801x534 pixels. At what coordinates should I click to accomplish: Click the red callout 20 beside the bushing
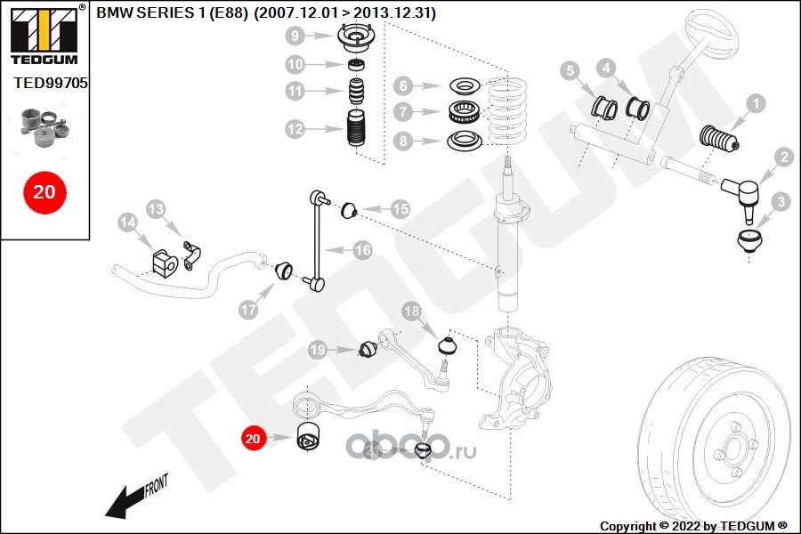tap(254, 438)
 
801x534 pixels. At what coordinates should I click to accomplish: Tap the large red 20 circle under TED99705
tap(44, 191)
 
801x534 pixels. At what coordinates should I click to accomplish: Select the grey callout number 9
tap(295, 36)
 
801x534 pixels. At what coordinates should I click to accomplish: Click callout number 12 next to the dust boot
tap(295, 129)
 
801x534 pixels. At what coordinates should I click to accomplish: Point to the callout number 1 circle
tap(755, 104)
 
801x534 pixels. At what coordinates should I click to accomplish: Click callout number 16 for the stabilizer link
tap(362, 251)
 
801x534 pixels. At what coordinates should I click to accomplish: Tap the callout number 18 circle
tap(411, 311)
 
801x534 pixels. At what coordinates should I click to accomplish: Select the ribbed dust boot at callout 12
tap(356, 133)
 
